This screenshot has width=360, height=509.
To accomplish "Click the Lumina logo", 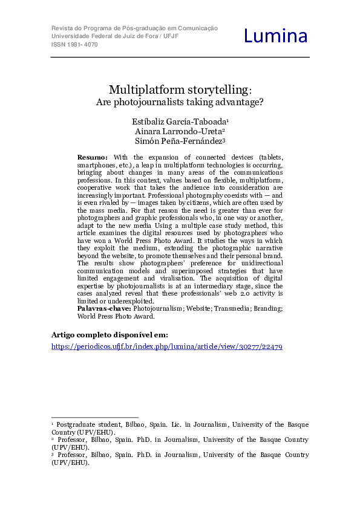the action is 276,36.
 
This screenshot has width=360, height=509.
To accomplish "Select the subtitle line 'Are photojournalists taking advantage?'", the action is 180,102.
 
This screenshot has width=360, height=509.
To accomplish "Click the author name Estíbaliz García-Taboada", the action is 180,122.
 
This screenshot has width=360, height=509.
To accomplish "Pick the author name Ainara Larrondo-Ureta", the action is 180,132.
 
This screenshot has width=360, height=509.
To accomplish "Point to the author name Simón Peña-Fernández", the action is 180,142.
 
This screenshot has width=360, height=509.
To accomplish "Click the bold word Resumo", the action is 93,157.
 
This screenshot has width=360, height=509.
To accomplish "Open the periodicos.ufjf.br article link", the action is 166,347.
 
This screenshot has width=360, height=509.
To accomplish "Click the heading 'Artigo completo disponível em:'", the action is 110,334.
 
